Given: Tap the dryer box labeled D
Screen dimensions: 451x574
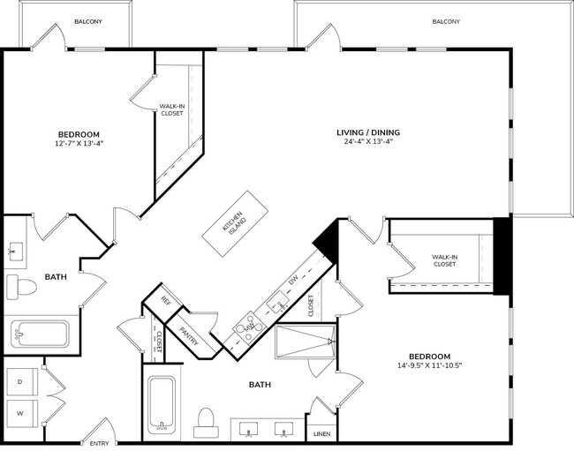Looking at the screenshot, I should [x=20, y=381].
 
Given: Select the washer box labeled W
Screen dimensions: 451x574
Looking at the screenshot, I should [x=20, y=412].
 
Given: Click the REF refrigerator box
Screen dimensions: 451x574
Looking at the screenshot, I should [x=165, y=299].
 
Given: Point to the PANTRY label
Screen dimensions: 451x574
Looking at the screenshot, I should [x=189, y=334].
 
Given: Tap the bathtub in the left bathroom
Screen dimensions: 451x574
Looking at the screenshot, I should [x=40, y=334].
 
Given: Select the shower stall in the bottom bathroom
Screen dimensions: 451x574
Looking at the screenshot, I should [x=305, y=341].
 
